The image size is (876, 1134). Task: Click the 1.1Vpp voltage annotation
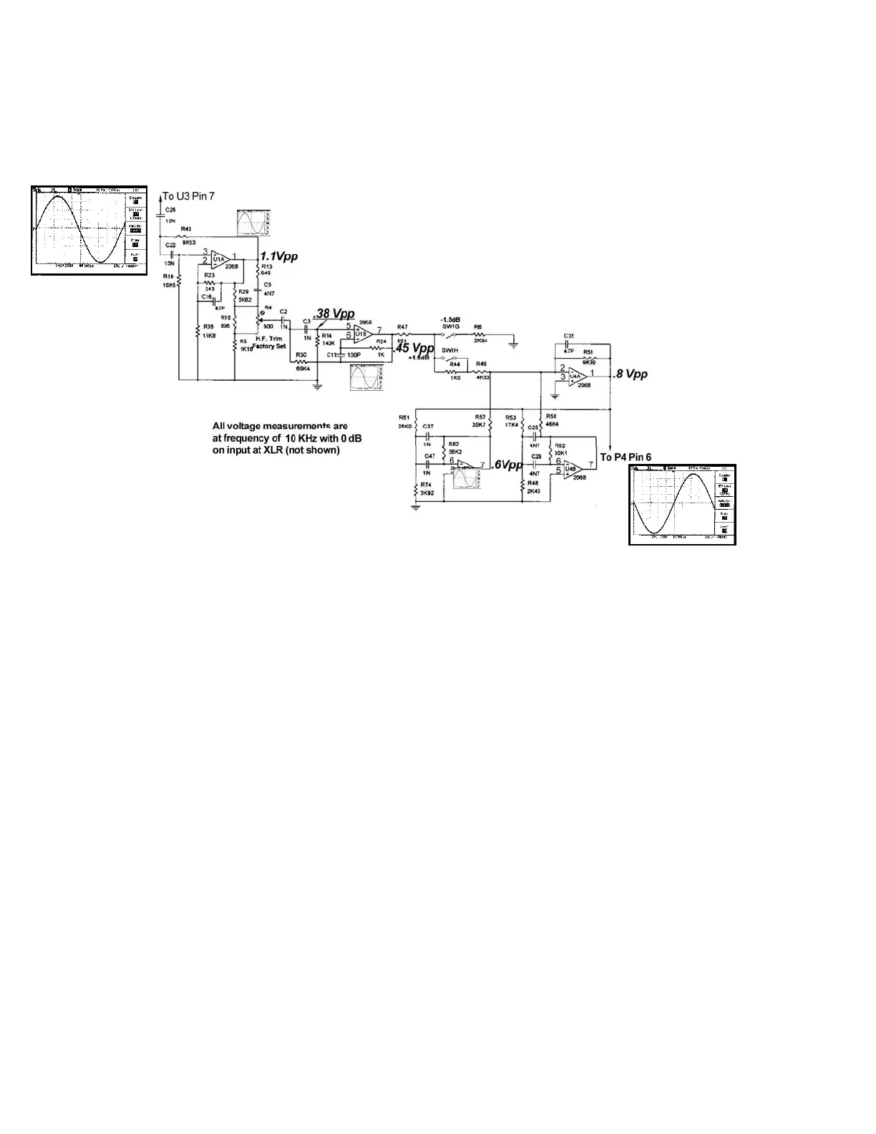pyautogui.click(x=278, y=256)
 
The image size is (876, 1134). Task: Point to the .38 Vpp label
pyautogui.click(x=334, y=314)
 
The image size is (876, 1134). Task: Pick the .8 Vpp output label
pyautogui.click(x=631, y=374)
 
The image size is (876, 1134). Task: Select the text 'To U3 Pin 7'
pyautogui.click(x=188, y=195)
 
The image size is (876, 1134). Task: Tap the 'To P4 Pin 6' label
pyautogui.click(x=625, y=457)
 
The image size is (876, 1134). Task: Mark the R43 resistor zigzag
pyautogui.click(x=183, y=236)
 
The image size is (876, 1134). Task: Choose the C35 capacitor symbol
pyautogui.click(x=567, y=344)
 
